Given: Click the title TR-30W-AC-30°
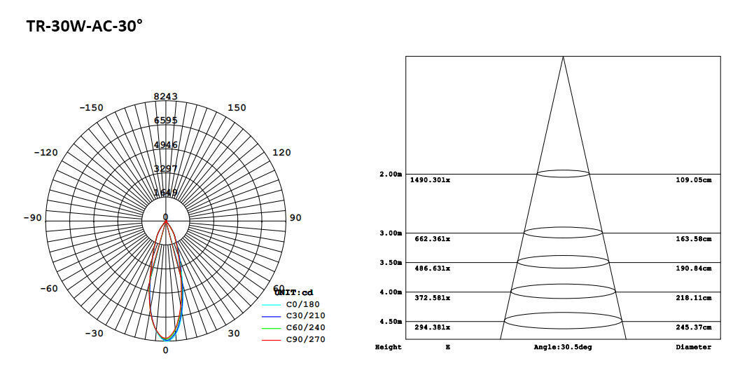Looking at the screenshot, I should (x=84, y=27).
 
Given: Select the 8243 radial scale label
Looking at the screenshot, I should (x=166, y=96).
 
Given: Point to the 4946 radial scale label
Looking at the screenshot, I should (x=166, y=144).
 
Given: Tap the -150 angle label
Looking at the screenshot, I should (x=91, y=107).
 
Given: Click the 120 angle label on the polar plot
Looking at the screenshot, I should (x=281, y=152).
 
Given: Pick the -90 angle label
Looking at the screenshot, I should (x=32, y=217).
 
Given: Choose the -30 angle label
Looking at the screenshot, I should (x=95, y=333).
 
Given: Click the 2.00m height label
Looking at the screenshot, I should (x=391, y=174).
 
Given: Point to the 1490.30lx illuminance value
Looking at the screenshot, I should (x=430, y=180).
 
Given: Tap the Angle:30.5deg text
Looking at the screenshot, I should (x=563, y=347).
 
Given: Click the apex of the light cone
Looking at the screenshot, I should (x=563, y=57).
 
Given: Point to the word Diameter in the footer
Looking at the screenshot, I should (x=693, y=347).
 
